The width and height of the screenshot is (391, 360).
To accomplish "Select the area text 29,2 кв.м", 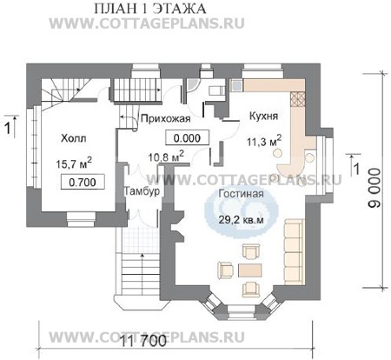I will point(241,219).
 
